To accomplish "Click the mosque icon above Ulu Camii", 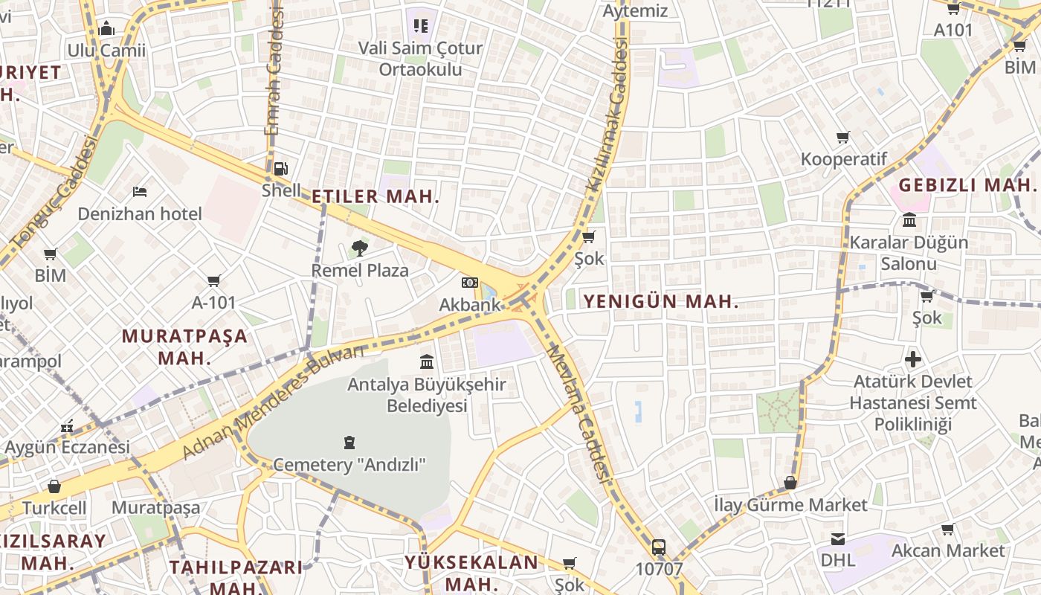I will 106,28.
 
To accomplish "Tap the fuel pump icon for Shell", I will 280,169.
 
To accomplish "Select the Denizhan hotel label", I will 140,214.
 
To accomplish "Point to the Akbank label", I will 470,305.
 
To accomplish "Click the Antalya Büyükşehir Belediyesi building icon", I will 427,362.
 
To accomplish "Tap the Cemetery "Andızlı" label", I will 349,465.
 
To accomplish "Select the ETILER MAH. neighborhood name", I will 376,197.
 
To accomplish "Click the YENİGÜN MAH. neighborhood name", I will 661,301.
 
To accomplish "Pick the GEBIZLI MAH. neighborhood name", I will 967,184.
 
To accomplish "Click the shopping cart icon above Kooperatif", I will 843,138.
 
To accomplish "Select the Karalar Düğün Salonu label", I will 909,253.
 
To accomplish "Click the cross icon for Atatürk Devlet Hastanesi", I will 913,360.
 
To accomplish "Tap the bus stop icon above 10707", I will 658,548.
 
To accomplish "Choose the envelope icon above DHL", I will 838,539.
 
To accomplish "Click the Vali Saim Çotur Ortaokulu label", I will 420,59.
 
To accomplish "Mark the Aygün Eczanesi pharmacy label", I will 68,447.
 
